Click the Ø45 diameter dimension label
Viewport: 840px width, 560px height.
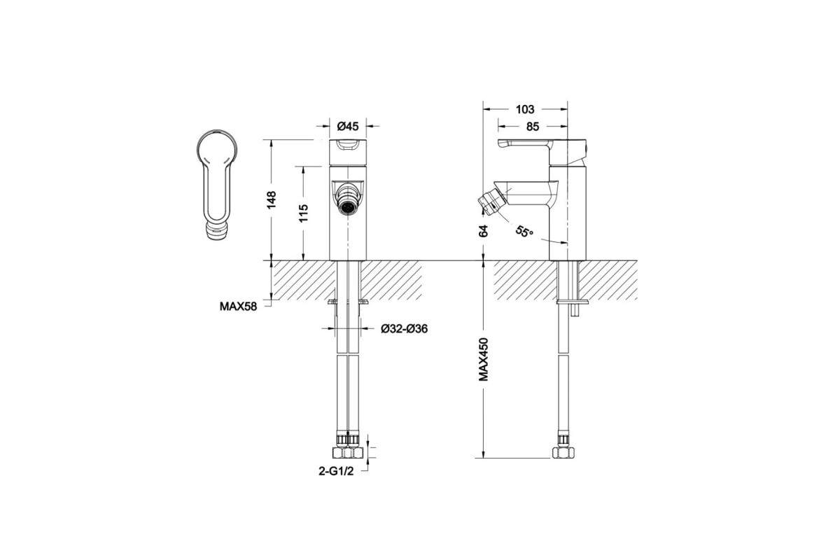click(348, 127)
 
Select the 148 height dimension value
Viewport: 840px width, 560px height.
click(272, 200)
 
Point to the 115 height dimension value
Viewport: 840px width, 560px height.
click(303, 213)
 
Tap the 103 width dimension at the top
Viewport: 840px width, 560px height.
click(525, 109)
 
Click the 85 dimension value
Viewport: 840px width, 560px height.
click(533, 127)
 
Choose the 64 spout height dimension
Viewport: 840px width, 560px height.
click(484, 231)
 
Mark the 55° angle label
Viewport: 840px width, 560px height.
click(524, 231)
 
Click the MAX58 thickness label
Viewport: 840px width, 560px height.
click(239, 307)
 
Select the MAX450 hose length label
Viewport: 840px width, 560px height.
click(484, 359)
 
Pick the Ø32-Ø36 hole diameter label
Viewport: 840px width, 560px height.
click(405, 328)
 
